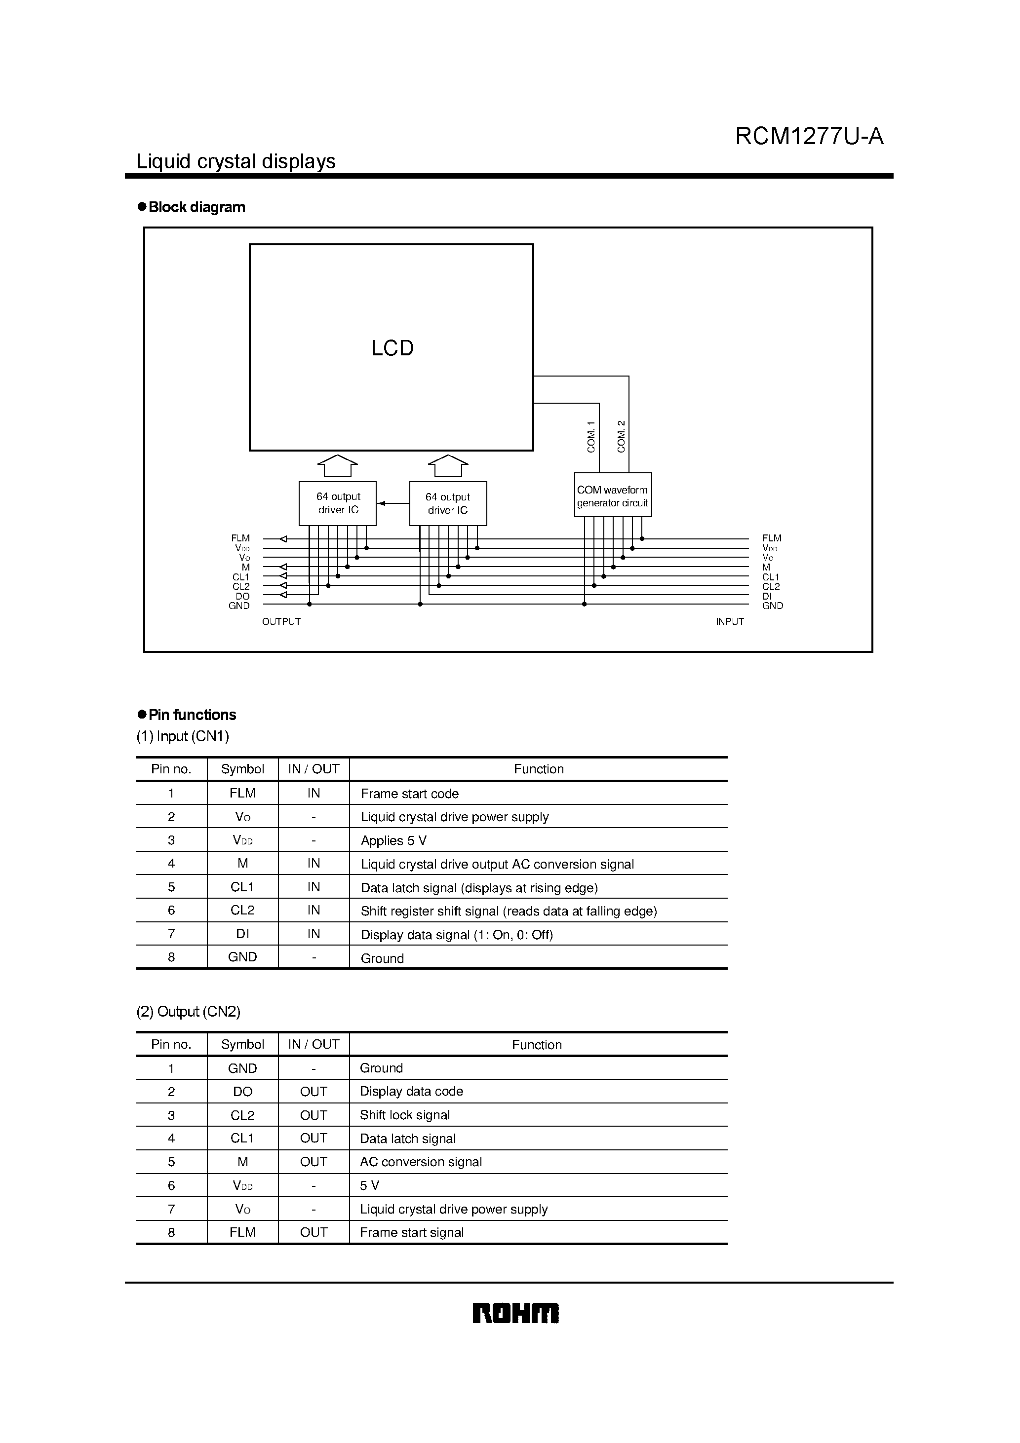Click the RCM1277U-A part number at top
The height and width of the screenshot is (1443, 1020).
coord(809,136)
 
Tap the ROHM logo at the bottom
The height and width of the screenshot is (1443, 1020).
coord(515,1314)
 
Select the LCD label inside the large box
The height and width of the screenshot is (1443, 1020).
coord(392,348)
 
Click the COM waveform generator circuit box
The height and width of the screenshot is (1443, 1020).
coord(613,496)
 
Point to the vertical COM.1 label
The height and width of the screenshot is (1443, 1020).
coord(591,437)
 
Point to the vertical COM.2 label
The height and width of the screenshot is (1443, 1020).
coord(621,436)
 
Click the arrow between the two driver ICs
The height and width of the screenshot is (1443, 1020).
coord(393,503)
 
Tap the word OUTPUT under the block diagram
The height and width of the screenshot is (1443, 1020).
coord(281,622)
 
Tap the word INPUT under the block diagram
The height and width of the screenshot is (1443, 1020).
coord(730,622)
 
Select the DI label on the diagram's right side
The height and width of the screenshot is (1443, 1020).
coord(767,596)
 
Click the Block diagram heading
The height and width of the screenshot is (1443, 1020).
coord(196,207)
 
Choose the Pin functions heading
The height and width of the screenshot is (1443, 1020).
coord(192,715)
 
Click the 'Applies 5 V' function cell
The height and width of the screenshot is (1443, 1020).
coord(393,841)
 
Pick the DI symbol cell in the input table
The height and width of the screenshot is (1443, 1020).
coord(243,934)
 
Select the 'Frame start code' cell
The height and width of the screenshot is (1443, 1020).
coord(409,794)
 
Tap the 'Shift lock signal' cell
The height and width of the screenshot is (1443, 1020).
coord(404,1115)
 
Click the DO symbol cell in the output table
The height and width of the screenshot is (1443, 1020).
coord(243,1092)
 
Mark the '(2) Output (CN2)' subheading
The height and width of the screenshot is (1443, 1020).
coord(189,1011)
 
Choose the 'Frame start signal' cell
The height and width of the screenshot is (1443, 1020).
coord(411,1232)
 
